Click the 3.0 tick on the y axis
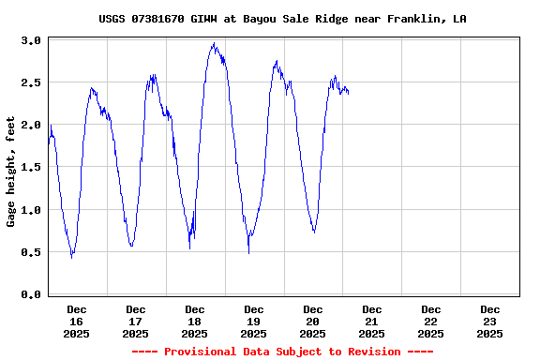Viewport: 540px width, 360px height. tap(31, 40)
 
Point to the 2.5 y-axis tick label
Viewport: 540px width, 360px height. tap(31, 82)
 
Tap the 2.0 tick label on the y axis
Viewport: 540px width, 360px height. tap(31, 125)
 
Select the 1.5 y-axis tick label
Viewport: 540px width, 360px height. tap(31, 167)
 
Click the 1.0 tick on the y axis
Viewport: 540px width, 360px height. tap(31, 210)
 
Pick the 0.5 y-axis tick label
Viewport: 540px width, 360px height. tap(31, 252)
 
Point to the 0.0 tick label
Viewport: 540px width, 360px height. tap(31, 294)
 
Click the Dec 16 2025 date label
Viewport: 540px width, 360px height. tap(77, 321)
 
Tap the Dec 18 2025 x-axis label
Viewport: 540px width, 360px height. tap(195, 321)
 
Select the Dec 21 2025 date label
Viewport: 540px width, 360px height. tap(372, 321)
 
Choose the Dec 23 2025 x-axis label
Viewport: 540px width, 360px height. tap(489, 321)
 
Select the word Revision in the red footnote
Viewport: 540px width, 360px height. tap(372, 352)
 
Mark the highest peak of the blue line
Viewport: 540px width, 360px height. tap(215, 43)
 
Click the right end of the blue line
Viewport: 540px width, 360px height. tap(349, 93)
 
